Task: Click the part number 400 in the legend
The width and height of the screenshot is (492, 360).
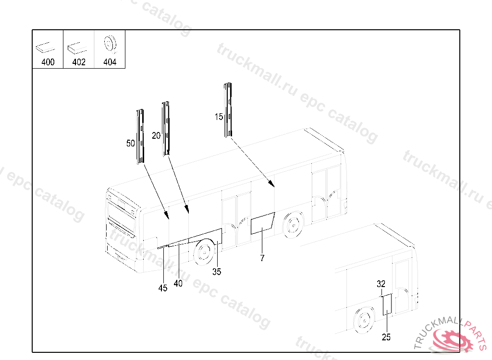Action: (48, 62)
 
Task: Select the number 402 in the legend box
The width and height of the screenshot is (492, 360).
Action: (79, 62)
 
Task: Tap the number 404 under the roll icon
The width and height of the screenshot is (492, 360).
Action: (110, 62)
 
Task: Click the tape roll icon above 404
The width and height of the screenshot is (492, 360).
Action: (110, 44)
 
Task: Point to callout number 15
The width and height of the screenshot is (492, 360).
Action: (219, 117)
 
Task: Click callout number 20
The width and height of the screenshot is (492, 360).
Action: (156, 135)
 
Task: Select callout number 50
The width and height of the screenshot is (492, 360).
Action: (131, 144)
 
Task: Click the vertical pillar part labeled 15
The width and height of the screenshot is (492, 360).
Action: (228, 110)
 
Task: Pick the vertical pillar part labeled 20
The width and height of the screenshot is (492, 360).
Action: (166, 129)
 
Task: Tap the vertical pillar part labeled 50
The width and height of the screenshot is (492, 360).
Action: (140, 136)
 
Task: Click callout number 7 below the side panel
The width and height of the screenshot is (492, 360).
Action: (262, 258)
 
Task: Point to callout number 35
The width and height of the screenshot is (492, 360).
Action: (217, 272)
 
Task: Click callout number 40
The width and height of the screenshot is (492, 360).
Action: (178, 283)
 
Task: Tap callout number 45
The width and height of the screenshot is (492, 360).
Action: (163, 288)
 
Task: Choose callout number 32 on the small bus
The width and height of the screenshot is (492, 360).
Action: (381, 284)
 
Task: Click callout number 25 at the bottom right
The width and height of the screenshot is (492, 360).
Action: (386, 337)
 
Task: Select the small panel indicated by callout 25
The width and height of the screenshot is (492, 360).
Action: (387, 304)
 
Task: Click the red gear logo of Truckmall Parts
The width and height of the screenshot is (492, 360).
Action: (452, 340)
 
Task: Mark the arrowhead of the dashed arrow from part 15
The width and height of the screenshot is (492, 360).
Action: (272, 184)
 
